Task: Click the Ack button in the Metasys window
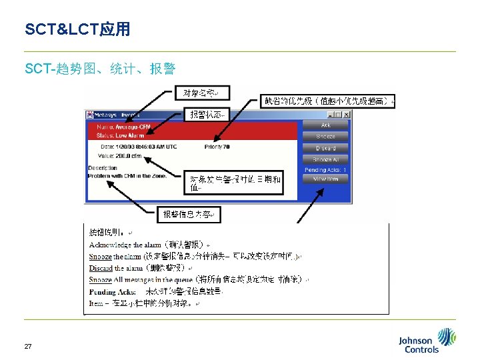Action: (x=325, y=125)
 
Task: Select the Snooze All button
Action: (x=325, y=159)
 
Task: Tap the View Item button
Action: (x=325, y=179)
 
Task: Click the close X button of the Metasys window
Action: (x=346, y=115)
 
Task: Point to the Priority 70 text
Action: (x=217, y=146)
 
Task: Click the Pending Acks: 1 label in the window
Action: (x=325, y=170)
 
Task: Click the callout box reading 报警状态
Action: (x=208, y=115)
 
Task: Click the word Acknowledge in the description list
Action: (x=110, y=245)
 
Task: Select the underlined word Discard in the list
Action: (x=101, y=267)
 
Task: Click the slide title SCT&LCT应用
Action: (x=77, y=29)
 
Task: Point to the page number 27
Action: (x=28, y=346)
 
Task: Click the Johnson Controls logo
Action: (x=427, y=341)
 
